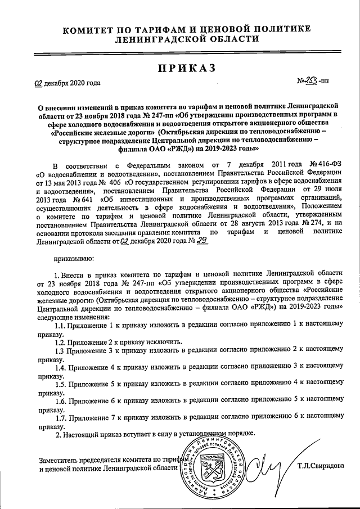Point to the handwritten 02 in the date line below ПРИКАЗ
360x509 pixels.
(x=38, y=84)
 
